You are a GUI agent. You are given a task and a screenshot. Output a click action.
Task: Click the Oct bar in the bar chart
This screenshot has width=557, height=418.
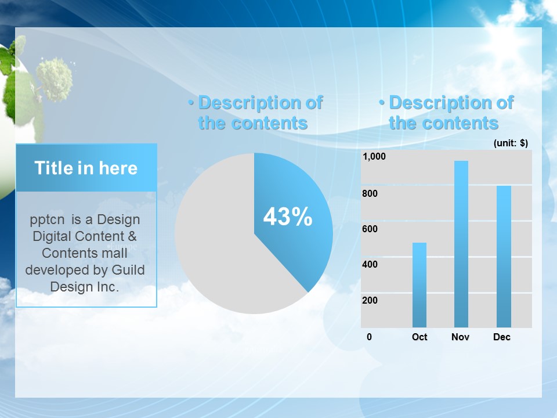pyautogui.click(x=419, y=284)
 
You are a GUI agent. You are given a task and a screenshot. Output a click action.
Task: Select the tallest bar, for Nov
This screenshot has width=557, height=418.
pyautogui.click(x=461, y=244)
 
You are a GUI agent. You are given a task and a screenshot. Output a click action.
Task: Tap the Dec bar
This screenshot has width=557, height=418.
pyautogui.click(x=504, y=256)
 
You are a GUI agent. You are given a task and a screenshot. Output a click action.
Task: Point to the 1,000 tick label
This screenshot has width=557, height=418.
pyautogui.click(x=374, y=156)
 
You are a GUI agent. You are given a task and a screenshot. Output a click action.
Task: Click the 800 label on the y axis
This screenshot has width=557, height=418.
pyautogui.click(x=370, y=193)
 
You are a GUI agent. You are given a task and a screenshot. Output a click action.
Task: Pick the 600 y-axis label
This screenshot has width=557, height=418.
pyautogui.click(x=370, y=229)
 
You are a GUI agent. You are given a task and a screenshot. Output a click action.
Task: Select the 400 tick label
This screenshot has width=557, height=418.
pyautogui.click(x=370, y=264)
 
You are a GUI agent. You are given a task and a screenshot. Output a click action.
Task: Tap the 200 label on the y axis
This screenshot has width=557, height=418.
pyautogui.click(x=370, y=300)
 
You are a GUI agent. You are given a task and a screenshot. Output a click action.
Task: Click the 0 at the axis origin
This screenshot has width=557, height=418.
pyautogui.click(x=369, y=337)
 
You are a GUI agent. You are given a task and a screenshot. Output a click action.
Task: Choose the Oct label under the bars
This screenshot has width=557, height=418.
pyautogui.click(x=419, y=337)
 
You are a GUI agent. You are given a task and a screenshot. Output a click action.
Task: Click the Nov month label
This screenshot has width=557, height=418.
pyautogui.click(x=460, y=337)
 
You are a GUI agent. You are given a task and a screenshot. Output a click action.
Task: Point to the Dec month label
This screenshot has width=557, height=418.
pyautogui.click(x=501, y=337)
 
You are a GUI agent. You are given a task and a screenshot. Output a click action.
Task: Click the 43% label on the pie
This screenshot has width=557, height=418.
pyautogui.click(x=288, y=216)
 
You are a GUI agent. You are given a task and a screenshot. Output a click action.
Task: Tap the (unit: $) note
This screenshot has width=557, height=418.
pyautogui.click(x=511, y=143)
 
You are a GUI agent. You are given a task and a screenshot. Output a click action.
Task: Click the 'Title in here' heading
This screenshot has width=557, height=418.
pyautogui.click(x=86, y=168)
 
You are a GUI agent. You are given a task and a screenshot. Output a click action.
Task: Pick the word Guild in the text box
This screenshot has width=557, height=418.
pyautogui.click(x=128, y=270)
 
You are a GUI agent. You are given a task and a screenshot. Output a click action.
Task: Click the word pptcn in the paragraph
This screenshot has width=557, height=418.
pyautogui.click(x=47, y=220)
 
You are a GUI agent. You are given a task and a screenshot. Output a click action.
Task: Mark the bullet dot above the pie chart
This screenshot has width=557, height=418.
pyautogui.click(x=191, y=103)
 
